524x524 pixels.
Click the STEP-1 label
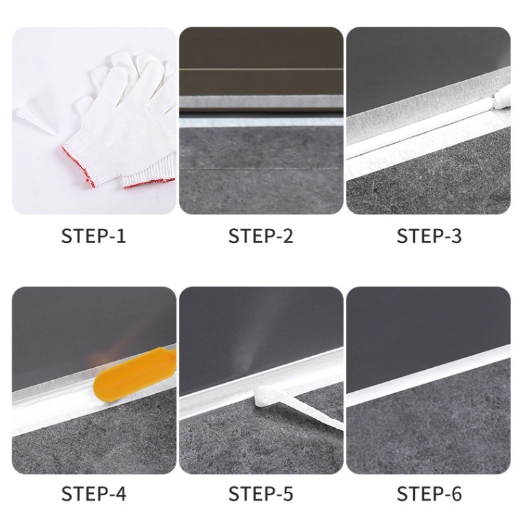pyautogui.click(x=94, y=236)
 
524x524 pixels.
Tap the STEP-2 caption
pyautogui.click(x=261, y=236)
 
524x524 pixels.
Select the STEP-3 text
pyautogui.click(x=429, y=236)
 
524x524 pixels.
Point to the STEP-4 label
pyautogui.click(x=94, y=493)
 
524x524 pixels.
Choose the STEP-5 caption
pyautogui.click(x=261, y=493)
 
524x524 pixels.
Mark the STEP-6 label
pyautogui.click(x=429, y=493)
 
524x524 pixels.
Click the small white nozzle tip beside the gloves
pyautogui.click(x=36, y=121)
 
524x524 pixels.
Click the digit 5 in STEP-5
pyautogui.click(x=288, y=494)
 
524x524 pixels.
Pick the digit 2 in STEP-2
pyautogui.click(x=288, y=236)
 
